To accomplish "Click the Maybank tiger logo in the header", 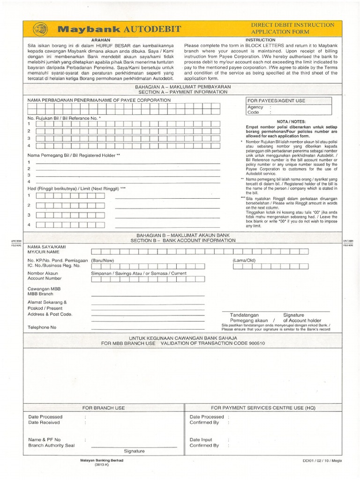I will tap(40, 30).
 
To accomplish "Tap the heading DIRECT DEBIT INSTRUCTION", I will tap(293, 24).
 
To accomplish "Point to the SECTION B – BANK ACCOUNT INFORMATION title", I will tap(183, 240).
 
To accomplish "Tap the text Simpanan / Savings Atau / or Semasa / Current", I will tap(139, 273).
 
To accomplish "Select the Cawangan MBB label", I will tap(42, 289).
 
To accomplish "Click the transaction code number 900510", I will tap(255, 343).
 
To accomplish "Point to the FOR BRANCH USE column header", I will tap(103, 408).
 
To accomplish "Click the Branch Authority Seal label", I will tap(52, 445).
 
